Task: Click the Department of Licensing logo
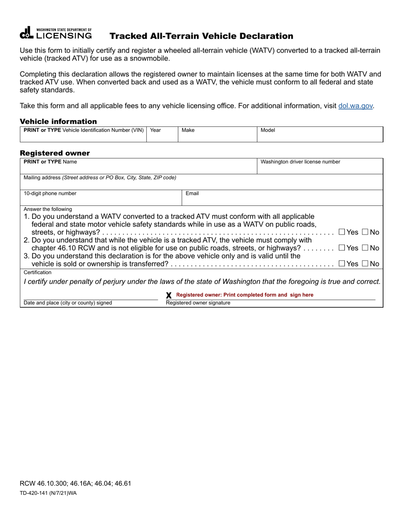[x=56, y=34]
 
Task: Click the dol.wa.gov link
[x=356, y=106]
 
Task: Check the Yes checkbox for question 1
[x=342, y=232]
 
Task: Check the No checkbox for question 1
[x=365, y=232]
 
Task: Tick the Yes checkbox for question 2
[x=342, y=248]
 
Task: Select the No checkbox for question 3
[x=365, y=264]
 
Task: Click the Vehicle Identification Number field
[x=83, y=137]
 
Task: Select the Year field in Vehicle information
[x=162, y=137]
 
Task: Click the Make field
[x=217, y=137]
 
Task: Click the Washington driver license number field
[x=320, y=168]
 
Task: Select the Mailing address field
[x=201, y=184]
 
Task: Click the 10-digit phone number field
[x=101, y=199]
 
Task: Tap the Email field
[x=283, y=199]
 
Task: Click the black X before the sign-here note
[x=169, y=295]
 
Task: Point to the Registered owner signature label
[x=198, y=303]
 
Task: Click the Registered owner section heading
[x=55, y=153]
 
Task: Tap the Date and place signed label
[x=68, y=303]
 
